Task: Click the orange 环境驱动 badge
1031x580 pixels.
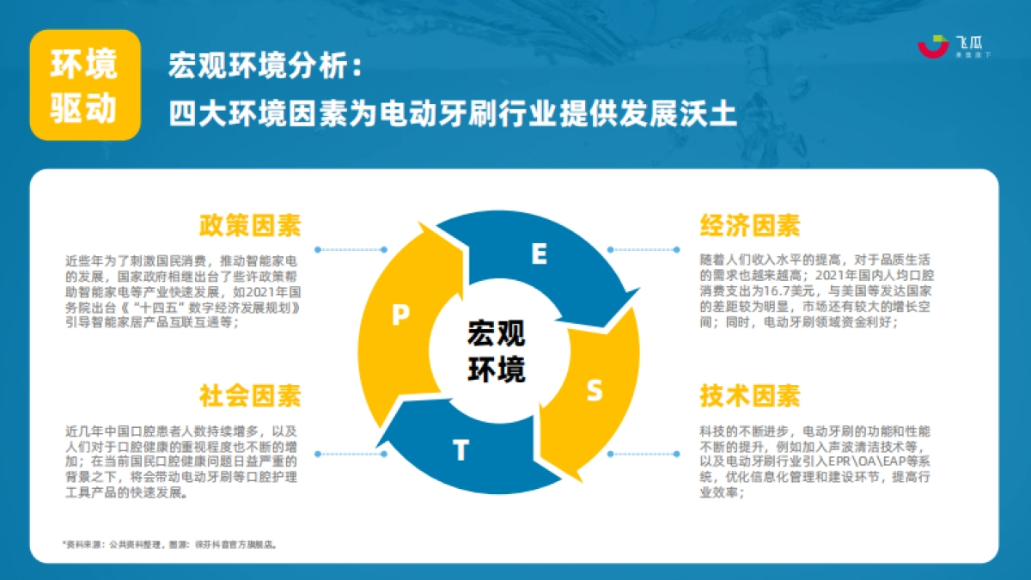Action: click(84, 85)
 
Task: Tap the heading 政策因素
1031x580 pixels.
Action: click(250, 225)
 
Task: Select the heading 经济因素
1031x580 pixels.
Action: click(750, 225)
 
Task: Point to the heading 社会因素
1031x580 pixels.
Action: click(250, 396)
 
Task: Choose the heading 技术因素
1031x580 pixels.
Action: click(750, 396)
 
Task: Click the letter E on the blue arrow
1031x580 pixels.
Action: click(539, 253)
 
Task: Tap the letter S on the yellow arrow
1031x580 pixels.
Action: click(594, 391)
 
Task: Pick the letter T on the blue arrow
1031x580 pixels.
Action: click(461, 450)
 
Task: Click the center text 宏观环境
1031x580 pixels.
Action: click(497, 351)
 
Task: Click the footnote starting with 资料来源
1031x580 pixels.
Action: click(171, 544)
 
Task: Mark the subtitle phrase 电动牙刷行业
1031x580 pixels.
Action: click(454, 113)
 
